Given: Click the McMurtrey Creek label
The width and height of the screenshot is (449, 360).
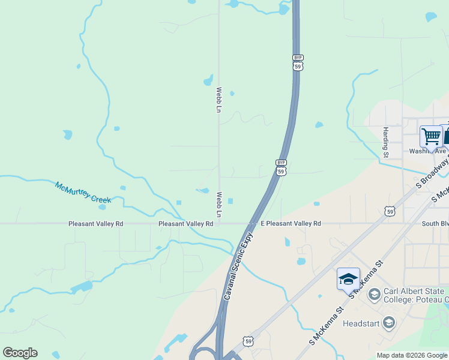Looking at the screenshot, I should (83, 192).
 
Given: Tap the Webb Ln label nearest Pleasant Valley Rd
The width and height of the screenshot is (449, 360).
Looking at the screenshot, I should (219, 205).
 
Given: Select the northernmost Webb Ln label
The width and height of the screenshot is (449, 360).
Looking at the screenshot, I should (219, 100).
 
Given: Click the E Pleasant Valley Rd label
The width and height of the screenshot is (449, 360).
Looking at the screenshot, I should (291, 223).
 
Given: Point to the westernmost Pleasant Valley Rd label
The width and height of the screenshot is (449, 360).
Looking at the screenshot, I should (95, 223).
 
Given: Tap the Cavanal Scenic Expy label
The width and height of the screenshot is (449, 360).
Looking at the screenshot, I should (238, 267).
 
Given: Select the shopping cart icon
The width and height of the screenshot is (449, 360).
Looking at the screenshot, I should (431, 136).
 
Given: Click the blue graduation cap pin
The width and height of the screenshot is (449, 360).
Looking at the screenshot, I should (348, 279).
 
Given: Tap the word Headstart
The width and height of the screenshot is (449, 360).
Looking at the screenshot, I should (361, 323).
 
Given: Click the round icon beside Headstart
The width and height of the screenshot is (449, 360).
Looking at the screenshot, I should (389, 323).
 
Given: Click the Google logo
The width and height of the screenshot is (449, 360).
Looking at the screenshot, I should (20, 353).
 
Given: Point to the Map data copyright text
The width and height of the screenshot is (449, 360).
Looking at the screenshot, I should (412, 355).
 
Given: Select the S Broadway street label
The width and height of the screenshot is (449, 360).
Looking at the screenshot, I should (432, 174).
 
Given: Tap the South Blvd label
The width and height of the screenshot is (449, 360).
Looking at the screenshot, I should (435, 223).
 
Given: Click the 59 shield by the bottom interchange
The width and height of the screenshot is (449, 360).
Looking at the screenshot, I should (249, 341).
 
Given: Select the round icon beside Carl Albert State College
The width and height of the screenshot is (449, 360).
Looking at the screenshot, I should (374, 294).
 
